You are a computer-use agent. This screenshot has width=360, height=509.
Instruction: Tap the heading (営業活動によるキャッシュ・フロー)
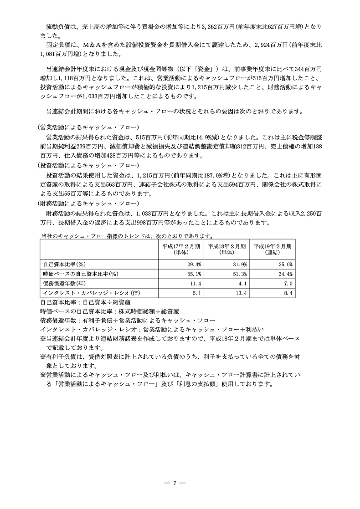[88, 127]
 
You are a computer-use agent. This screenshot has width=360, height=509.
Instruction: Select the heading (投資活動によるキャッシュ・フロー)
[88, 165]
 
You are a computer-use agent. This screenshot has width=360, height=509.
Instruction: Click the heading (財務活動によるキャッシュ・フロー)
[88, 204]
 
